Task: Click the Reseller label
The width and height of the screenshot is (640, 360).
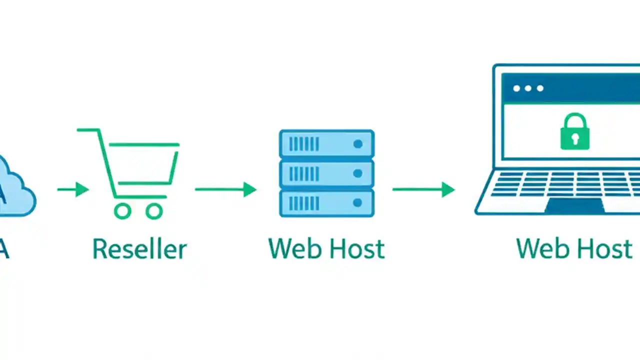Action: pos(139,249)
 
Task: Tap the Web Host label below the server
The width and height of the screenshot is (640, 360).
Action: pos(326,249)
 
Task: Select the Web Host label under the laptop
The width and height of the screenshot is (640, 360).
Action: pos(574,249)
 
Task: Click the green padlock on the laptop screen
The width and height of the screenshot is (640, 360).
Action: pos(574,132)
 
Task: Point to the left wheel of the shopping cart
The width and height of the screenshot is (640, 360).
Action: pos(122,211)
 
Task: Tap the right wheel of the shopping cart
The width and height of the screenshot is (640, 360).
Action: pos(154,211)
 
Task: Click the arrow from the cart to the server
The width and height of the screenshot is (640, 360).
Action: pos(225,189)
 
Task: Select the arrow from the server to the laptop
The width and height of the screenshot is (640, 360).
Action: pos(423,189)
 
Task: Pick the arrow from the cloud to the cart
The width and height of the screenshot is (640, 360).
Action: pos(73,189)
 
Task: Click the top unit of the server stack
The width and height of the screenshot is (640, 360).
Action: pos(326,144)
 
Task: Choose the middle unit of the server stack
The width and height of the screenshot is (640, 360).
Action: pos(326,173)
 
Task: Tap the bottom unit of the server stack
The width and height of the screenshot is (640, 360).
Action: pos(326,202)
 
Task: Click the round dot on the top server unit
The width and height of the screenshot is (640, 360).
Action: pos(357,144)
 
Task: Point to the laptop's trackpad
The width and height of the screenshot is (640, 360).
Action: pos(574,205)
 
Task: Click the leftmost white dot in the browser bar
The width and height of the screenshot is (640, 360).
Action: pos(516,88)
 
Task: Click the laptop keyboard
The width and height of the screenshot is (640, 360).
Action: pos(565,184)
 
